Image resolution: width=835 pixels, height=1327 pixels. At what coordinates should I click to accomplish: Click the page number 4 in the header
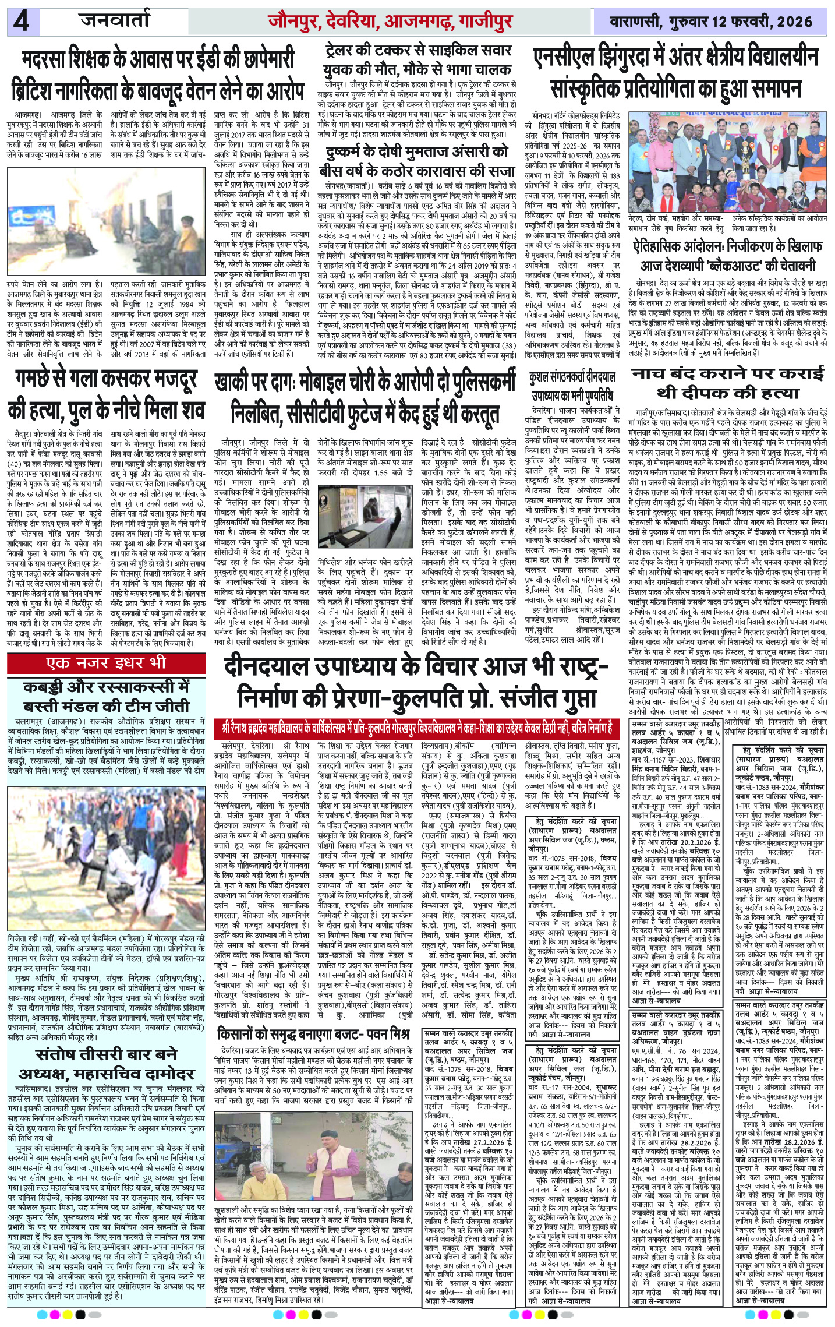[x=22, y=23]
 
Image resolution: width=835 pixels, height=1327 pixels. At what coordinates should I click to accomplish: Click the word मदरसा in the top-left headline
[x=50, y=60]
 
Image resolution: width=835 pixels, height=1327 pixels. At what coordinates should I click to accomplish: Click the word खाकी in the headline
[x=236, y=383]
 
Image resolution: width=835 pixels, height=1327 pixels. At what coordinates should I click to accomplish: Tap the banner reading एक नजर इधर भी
[x=107, y=662]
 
